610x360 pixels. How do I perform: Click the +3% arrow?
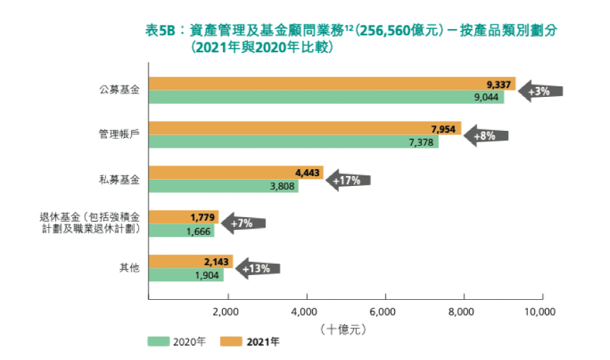tap(541, 91)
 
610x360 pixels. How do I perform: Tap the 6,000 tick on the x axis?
tap(386, 311)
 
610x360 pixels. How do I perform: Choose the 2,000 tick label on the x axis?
tap(228, 311)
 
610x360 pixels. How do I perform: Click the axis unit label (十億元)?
tap(345, 329)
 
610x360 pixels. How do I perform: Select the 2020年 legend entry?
tap(177, 342)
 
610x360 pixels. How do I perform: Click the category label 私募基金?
tap(120, 180)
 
